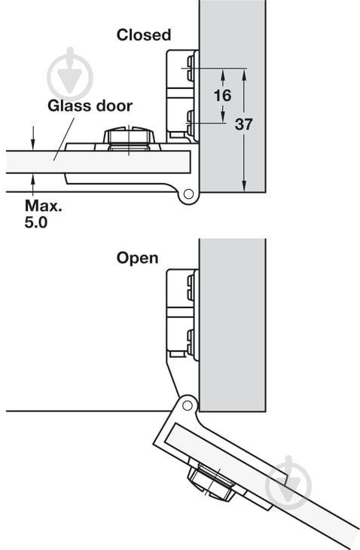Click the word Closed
point(144,35)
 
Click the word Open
point(137,258)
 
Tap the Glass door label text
point(90,106)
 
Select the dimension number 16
point(223,95)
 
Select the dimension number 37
point(243,124)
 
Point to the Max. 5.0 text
point(43,214)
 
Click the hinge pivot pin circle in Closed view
point(188,194)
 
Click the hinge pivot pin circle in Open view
point(188,406)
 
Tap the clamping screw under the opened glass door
point(211,481)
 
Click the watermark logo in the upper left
point(70,75)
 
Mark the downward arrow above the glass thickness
point(33,138)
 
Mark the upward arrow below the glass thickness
point(33,185)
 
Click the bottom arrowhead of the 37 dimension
point(244,186)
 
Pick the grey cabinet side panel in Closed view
point(232,96)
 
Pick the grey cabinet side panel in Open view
point(232,325)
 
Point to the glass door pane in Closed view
point(99,162)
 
